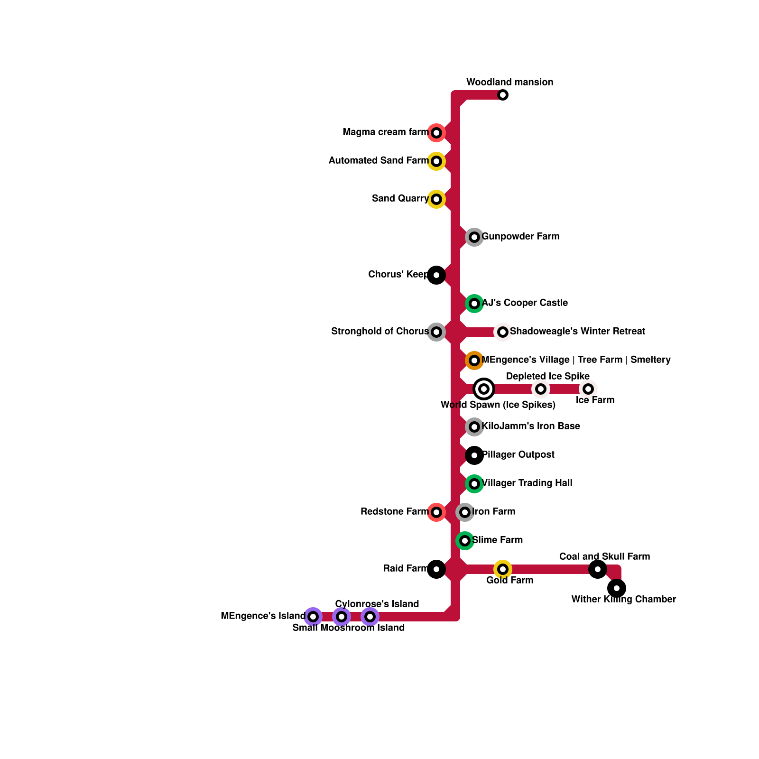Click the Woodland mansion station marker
[x=503, y=95]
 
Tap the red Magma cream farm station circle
[x=436, y=133]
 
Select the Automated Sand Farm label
[x=379, y=161]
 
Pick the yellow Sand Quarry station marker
[x=436, y=199]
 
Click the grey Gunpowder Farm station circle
[x=474, y=237]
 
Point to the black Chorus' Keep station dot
[x=436, y=275]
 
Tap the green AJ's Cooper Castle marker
[x=474, y=304]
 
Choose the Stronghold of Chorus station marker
[x=436, y=332]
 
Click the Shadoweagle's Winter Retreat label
[x=577, y=332]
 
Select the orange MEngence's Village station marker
[x=474, y=361]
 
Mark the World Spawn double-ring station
[x=484, y=389]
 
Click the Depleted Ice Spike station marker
[x=541, y=389]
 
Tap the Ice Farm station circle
[x=588, y=389]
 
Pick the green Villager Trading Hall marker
[x=474, y=484]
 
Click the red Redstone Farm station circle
[x=436, y=512]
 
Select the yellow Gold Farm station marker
[x=503, y=569]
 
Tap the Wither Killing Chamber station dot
[x=617, y=588]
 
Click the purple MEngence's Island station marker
[x=313, y=617]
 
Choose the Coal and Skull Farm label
[x=604, y=556]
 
